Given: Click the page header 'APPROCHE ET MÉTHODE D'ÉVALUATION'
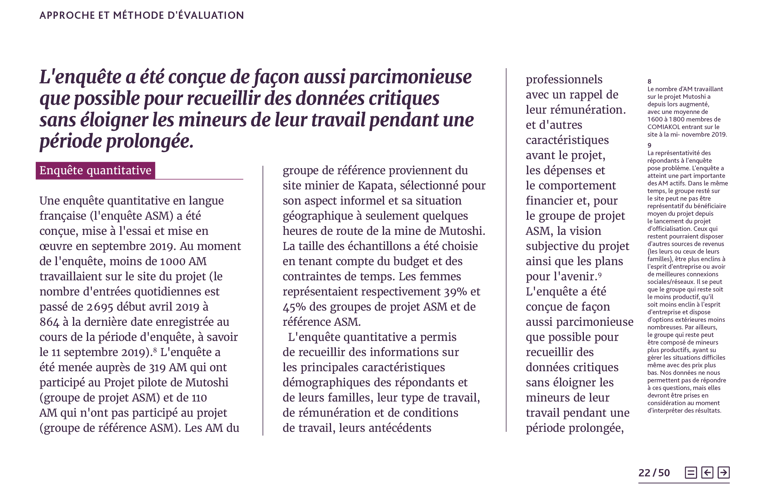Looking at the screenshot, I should click(x=141, y=15).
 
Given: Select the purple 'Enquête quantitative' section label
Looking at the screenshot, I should click(x=95, y=170).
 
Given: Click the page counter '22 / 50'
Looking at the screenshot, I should click(x=654, y=473).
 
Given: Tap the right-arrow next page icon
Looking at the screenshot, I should click(x=724, y=472).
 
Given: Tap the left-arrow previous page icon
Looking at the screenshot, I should click(x=707, y=472).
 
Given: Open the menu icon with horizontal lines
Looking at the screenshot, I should click(x=691, y=472).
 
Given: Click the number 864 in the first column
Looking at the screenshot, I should click(x=49, y=322).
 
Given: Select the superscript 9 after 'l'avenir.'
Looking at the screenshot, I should click(x=600, y=275).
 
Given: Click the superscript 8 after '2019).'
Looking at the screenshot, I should click(x=155, y=350).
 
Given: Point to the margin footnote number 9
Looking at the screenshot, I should click(x=649, y=145).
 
